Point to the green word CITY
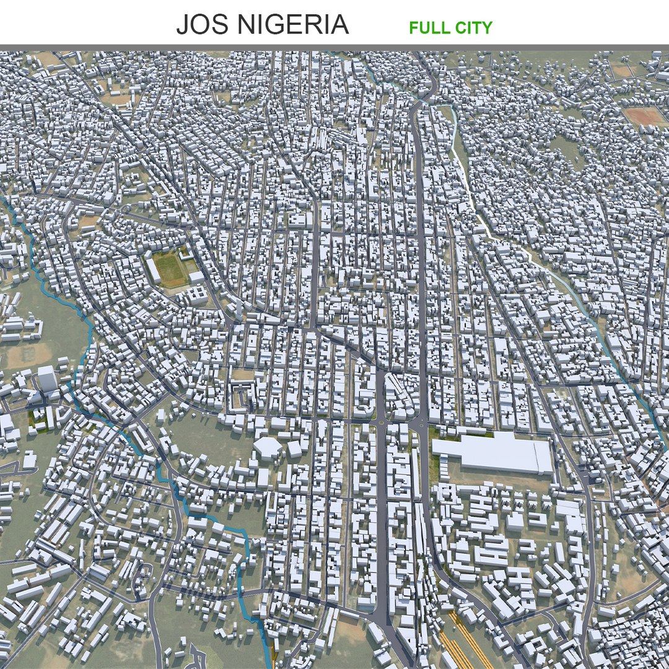(x=474, y=27)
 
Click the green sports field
(x=168, y=269)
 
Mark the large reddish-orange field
(x=645, y=115)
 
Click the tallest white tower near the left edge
(x=46, y=378)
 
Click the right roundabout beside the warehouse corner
(x=421, y=424)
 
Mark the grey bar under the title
(x=334, y=47)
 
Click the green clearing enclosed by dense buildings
(x=567, y=149)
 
